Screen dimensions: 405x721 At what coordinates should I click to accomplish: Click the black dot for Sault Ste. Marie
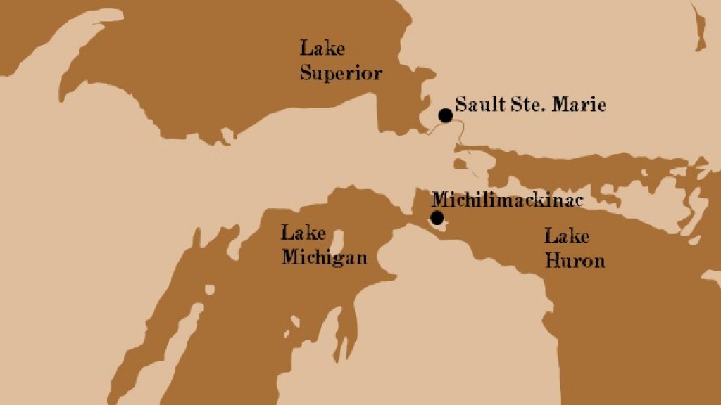click(445, 115)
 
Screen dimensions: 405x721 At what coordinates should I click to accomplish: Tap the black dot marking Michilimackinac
click(437, 217)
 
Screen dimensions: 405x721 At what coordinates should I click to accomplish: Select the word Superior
click(341, 73)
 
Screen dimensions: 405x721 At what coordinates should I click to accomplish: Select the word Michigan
click(324, 258)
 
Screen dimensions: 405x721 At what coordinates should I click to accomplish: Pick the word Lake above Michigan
click(298, 233)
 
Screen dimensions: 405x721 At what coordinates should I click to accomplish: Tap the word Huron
click(575, 261)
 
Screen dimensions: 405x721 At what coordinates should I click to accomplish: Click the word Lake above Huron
click(566, 236)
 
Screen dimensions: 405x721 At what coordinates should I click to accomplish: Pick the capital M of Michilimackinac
click(438, 199)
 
